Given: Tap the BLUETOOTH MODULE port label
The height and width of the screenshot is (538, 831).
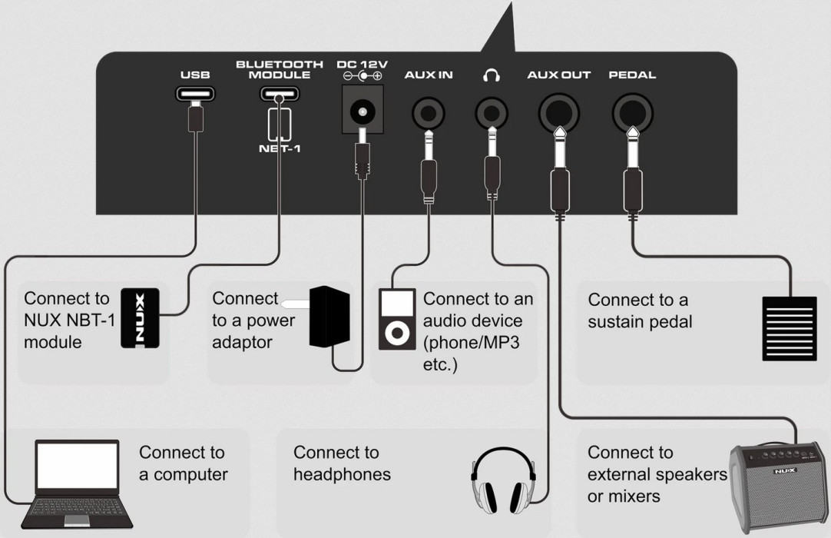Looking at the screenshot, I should [x=273, y=70].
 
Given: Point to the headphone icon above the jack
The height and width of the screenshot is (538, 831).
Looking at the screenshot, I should [x=490, y=75].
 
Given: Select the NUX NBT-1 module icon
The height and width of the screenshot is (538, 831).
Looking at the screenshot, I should [x=141, y=319].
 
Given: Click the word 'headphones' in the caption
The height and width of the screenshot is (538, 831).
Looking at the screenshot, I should [x=342, y=474].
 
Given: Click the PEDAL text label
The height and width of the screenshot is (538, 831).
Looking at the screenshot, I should [x=632, y=75].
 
